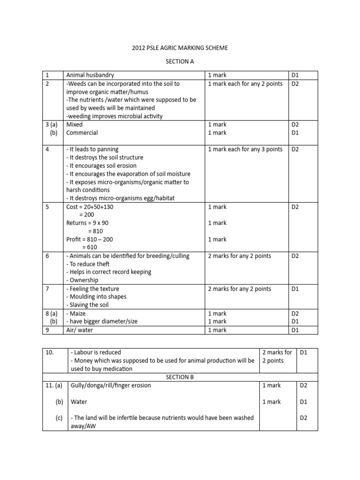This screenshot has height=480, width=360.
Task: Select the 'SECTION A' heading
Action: coord(180,61)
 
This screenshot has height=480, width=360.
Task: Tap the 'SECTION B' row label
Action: coord(180,377)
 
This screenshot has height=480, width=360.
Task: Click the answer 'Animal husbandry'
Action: coord(90,75)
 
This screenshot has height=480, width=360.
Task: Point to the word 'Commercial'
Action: coord(82,133)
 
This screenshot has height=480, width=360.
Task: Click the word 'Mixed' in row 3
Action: coord(75,125)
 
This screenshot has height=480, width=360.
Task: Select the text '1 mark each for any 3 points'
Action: coord(245,149)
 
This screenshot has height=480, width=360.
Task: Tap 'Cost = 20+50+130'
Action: coord(91,207)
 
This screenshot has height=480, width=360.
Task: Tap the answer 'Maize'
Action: coord(77,313)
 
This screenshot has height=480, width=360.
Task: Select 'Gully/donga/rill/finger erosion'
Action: coord(111,385)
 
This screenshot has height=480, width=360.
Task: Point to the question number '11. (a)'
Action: coord(54,385)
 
